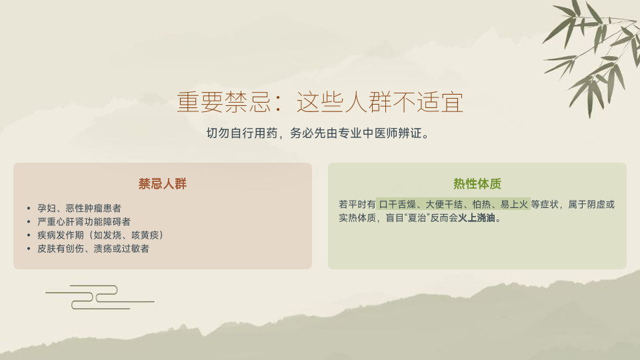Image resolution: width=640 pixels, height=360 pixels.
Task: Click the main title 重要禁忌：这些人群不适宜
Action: (320, 102)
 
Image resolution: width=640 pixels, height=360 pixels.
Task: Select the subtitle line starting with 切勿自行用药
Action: (317, 133)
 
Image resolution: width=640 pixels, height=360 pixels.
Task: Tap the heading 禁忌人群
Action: (163, 184)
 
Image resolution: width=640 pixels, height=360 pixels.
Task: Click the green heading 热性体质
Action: (477, 184)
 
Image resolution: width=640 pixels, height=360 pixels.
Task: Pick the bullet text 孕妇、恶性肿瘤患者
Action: (79, 208)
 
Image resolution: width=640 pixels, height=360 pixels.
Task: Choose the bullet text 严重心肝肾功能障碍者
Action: (84, 221)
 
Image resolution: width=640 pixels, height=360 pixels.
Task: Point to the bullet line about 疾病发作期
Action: (101, 235)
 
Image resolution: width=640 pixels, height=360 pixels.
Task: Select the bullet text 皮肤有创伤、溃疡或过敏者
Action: (93, 249)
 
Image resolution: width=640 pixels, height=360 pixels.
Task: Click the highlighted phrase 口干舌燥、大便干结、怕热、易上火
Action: (453, 204)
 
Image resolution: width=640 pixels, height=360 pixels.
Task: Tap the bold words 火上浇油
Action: (476, 218)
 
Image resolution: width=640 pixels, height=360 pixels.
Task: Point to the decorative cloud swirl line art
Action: (99, 297)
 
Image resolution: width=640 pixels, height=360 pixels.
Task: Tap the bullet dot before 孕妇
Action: (29, 209)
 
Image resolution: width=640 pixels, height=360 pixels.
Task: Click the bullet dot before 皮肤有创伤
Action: (29, 249)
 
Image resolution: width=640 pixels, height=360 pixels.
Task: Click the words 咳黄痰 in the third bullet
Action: (145, 235)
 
